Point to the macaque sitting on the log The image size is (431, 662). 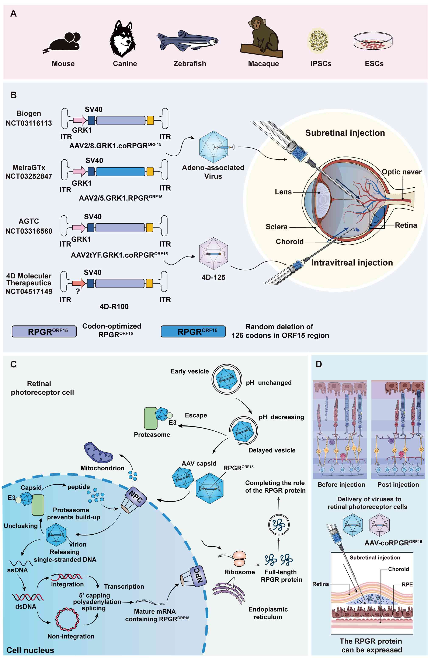coord(262,36)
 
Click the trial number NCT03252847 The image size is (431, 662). coord(29,176)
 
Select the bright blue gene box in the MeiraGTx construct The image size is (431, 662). coord(120,172)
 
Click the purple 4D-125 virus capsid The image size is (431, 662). coord(213,253)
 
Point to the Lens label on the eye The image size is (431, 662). coord(283,192)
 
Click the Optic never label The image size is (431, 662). coord(401,172)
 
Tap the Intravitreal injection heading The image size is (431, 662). coord(352,263)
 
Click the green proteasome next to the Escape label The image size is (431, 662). coord(151,418)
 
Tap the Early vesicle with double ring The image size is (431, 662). coord(227,379)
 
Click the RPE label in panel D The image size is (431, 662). coord(407,584)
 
